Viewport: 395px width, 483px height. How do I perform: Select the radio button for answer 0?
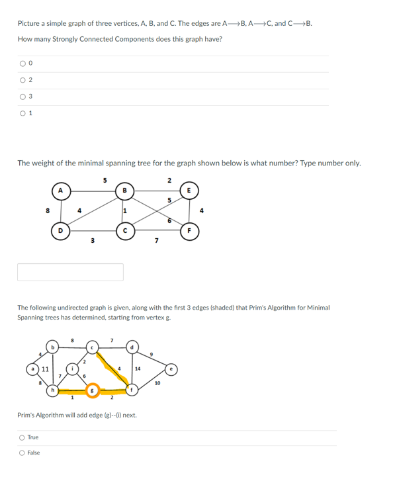[22, 64]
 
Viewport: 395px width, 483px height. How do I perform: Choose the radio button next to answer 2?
[22, 81]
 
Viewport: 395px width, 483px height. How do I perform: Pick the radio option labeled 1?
[22, 114]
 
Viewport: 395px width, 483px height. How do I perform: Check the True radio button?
[22, 437]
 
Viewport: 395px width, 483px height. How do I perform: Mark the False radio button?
[22, 453]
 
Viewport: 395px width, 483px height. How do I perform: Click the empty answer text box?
[70, 272]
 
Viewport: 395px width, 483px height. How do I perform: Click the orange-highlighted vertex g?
[92, 390]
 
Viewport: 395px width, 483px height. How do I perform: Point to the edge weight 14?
[138, 368]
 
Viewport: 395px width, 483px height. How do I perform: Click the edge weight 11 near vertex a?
[44, 368]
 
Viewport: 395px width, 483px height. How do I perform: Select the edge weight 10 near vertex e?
[157, 383]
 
